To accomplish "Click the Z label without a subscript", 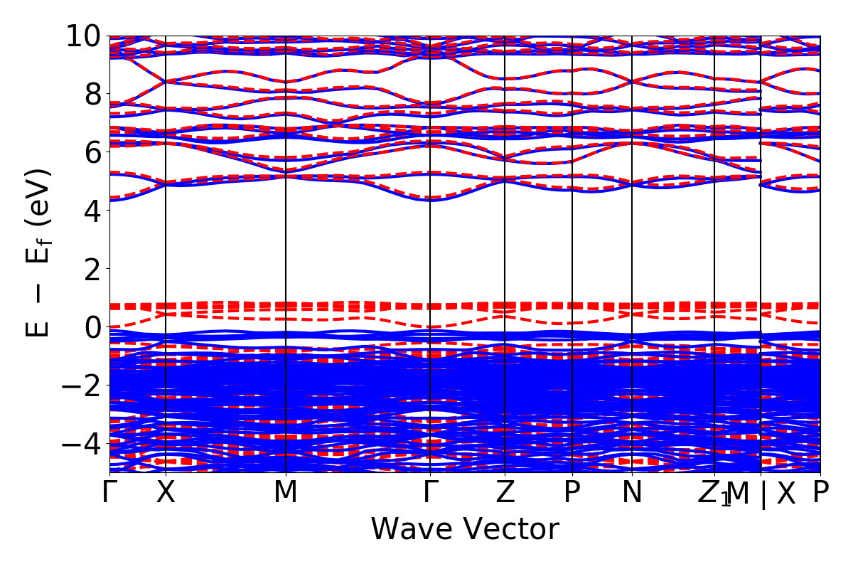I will point(505,493).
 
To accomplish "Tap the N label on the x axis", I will point(632,493).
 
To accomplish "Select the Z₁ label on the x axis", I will point(714,494).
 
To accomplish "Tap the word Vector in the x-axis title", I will point(508,529).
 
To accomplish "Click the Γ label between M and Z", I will point(430,493).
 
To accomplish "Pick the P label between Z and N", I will point(572,493).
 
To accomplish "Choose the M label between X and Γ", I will point(285,493).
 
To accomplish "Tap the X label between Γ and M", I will point(166,493).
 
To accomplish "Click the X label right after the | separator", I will point(785,493).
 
